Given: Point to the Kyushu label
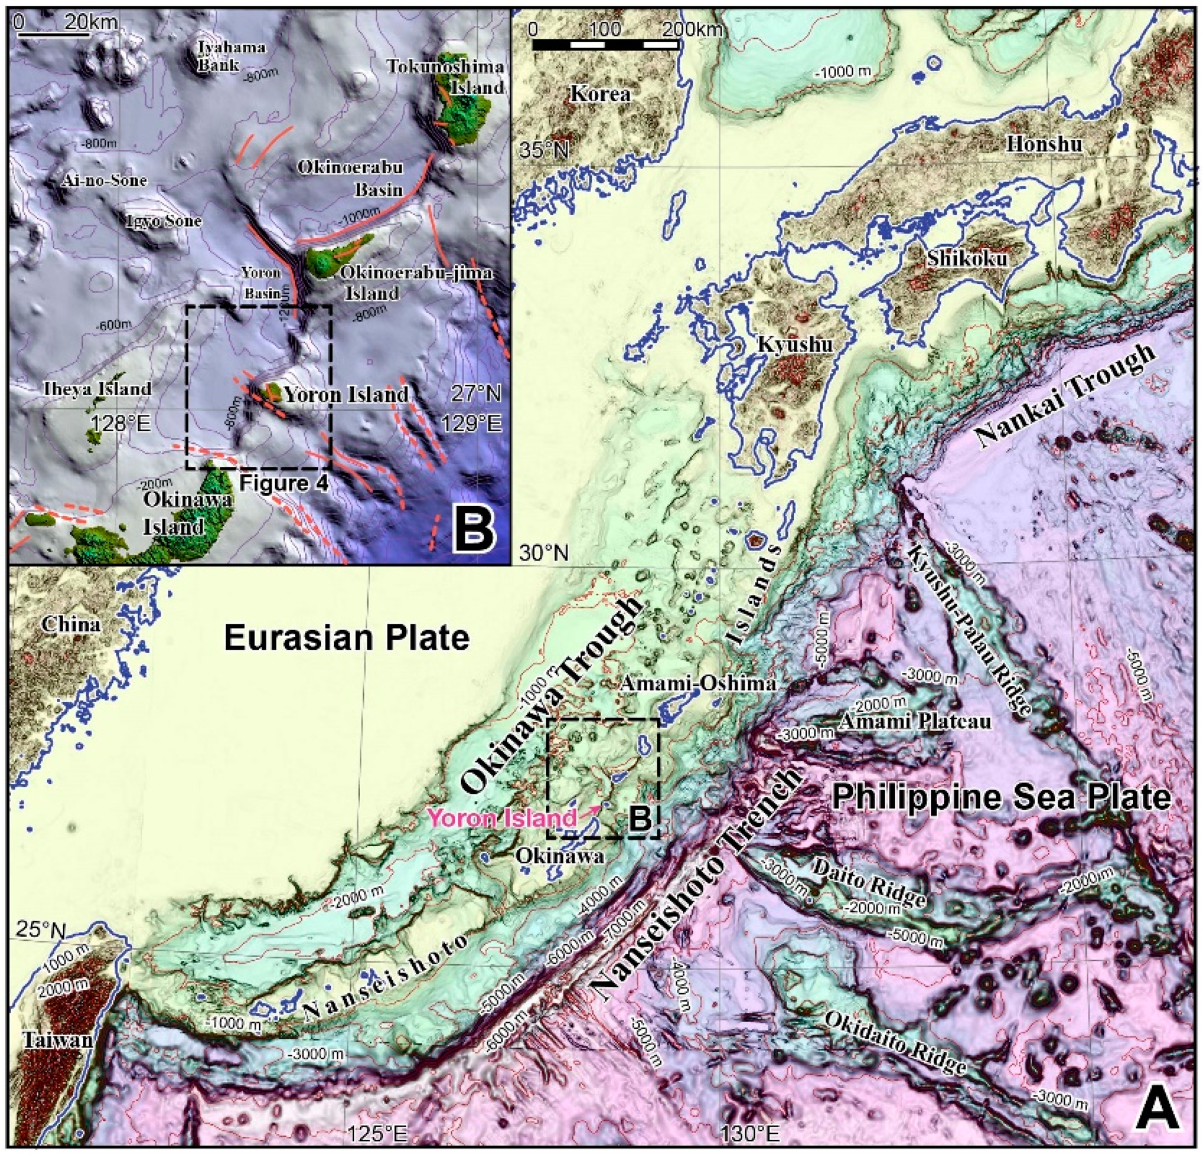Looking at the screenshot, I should [795, 345].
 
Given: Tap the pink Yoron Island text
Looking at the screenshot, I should [502, 818].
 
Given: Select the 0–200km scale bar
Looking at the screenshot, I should [606, 44].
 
